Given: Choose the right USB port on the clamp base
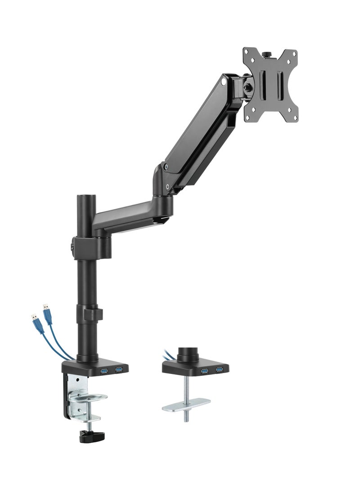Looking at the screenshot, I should tap(119, 370).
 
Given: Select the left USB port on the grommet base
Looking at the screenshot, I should tap(205, 370).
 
